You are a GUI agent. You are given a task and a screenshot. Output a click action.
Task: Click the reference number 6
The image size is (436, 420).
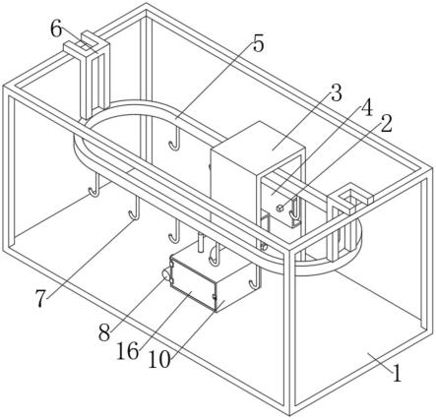point(56,30)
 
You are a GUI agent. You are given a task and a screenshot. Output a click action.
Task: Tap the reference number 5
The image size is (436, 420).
point(259,44)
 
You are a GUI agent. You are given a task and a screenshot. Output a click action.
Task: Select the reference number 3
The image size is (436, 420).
point(336,92)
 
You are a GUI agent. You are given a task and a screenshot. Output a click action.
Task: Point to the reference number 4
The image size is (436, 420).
point(367,107)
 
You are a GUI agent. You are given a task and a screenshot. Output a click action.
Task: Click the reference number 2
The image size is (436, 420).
point(386,124)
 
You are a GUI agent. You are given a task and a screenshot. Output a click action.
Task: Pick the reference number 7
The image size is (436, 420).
point(40,299)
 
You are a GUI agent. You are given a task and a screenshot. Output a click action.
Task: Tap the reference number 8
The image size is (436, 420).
point(104,333)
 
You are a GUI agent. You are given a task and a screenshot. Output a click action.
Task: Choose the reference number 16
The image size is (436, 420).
point(128,352)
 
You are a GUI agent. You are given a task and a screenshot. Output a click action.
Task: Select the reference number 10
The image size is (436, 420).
point(159,360)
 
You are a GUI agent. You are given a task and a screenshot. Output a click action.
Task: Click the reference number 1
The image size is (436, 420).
point(397,373)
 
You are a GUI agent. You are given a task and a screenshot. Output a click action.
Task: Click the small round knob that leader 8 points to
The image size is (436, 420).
point(166,273)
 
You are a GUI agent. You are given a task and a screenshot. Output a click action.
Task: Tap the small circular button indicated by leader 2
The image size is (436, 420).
point(280,208)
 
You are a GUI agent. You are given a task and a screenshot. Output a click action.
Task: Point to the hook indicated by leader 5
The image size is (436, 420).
point(175,139)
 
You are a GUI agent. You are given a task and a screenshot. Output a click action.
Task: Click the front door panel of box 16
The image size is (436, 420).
point(193,284)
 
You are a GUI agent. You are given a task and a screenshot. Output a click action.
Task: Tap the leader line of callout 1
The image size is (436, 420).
point(380,362)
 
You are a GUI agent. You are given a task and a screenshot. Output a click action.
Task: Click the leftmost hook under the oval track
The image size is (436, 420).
point(95,185)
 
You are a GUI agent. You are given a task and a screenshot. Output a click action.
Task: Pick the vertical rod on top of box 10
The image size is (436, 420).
point(201,243)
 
